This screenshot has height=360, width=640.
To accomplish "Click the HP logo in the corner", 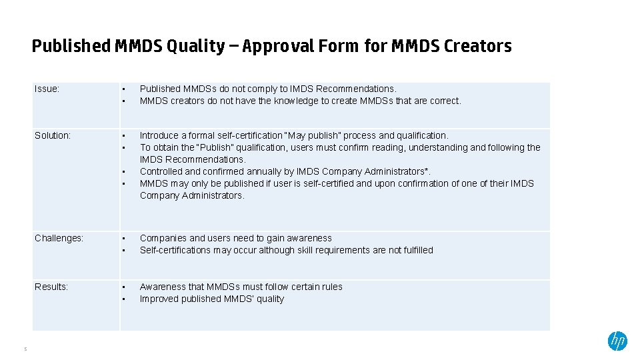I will pyautogui.click(x=617, y=341).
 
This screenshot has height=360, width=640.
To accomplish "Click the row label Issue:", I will pyautogui.click(x=47, y=89).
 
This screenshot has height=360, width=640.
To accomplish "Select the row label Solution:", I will pyautogui.click(x=53, y=135).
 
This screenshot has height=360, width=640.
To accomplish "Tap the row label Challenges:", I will pyautogui.click(x=59, y=238).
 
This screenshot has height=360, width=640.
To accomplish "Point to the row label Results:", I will pyautogui.click(x=51, y=287).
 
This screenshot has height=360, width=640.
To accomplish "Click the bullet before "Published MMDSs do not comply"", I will pyautogui.click(x=123, y=89).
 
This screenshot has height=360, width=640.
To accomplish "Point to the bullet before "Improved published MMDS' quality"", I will pyautogui.click(x=123, y=299).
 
